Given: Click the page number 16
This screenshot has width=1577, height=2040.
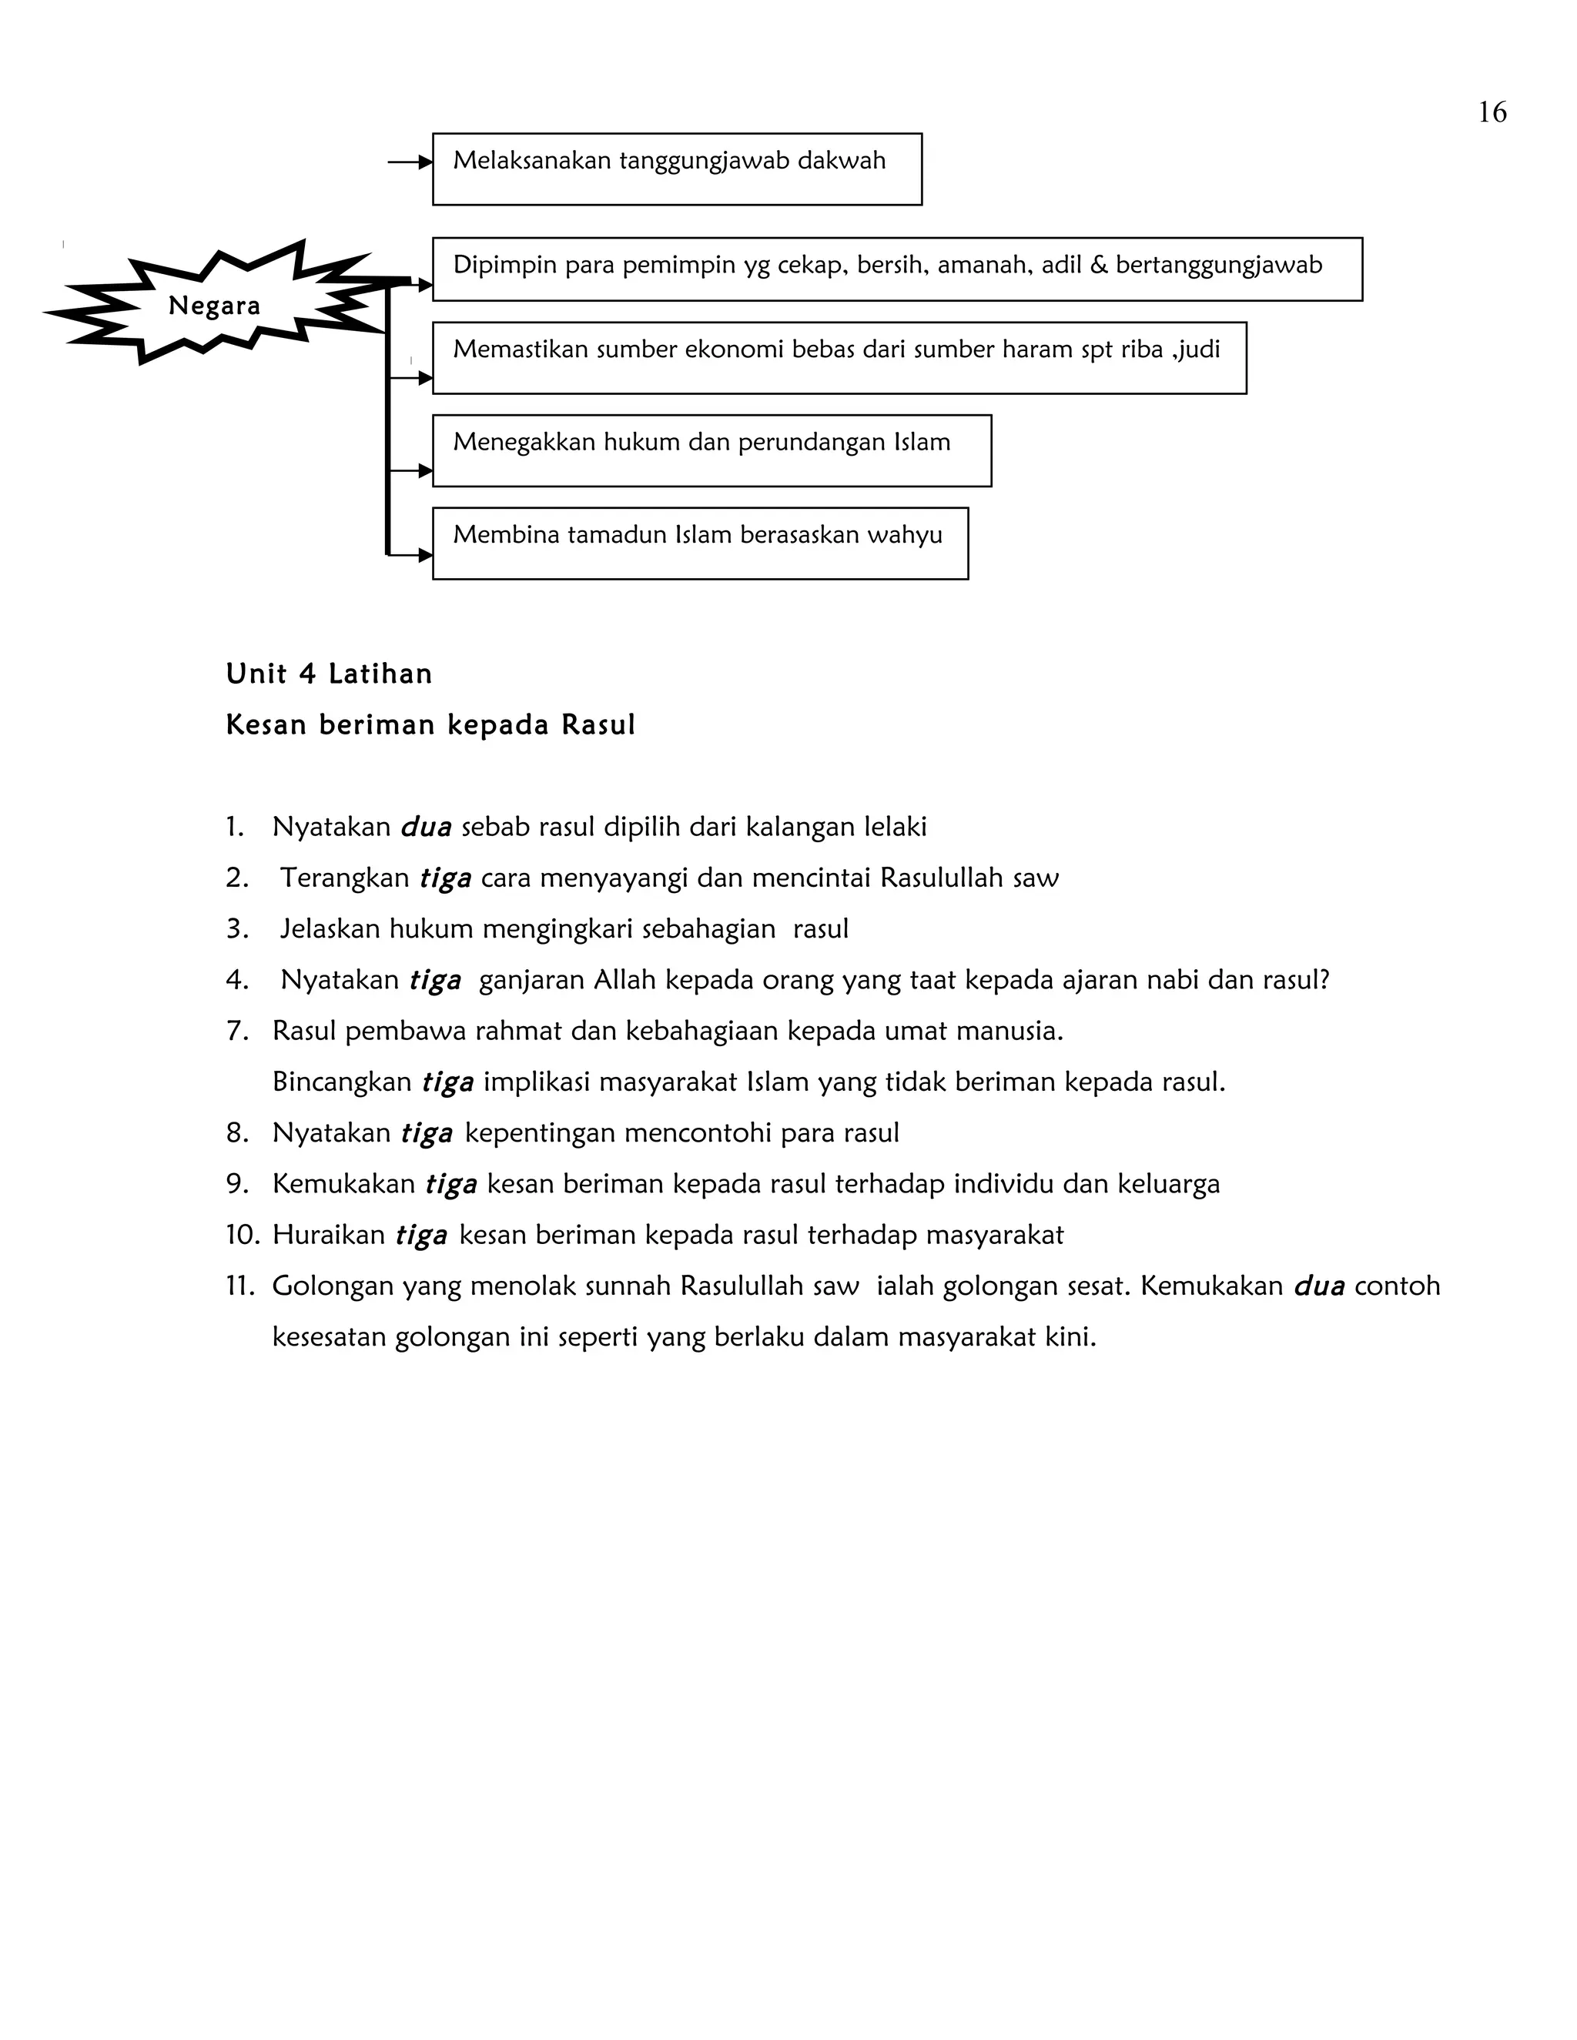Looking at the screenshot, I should (1492, 112).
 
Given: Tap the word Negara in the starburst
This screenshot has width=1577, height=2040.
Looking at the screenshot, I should (214, 306).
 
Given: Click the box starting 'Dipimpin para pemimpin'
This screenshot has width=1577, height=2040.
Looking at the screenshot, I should (897, 269).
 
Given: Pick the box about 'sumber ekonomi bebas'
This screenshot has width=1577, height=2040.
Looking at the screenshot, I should (839, 358).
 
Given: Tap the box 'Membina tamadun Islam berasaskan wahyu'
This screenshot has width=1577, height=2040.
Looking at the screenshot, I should (700, 543).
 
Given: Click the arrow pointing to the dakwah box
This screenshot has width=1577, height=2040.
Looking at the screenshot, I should (409, 162).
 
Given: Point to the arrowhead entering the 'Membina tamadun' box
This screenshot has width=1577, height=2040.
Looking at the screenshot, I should (425, 555).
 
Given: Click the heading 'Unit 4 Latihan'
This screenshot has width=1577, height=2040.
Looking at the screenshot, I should (329, 674).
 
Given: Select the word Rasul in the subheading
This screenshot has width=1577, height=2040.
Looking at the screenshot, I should (598, 725).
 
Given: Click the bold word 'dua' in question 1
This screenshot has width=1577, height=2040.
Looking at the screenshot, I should (426, 827).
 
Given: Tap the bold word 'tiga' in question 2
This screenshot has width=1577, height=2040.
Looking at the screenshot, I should (445, 878).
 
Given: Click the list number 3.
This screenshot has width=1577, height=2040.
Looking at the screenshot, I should (236, 928).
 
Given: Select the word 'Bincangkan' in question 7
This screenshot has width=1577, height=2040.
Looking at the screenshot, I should (342, 1082).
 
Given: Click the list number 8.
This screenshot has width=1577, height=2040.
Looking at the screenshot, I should (237, 1133).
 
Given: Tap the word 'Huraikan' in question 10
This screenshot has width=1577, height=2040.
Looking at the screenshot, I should (329, 1235).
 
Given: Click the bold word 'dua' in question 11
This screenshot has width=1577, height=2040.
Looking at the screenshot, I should (1318, 1286).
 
